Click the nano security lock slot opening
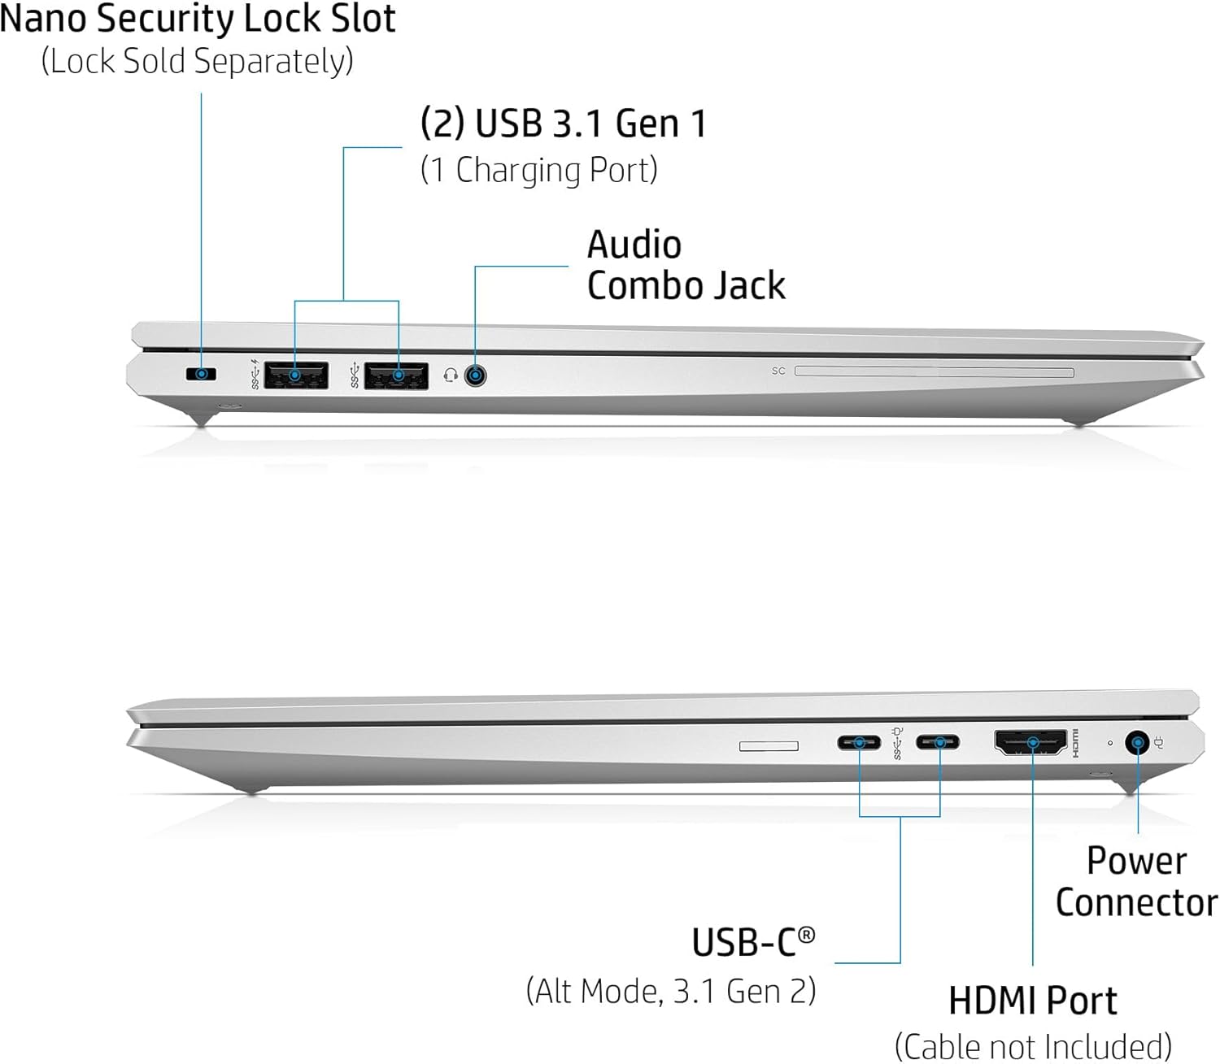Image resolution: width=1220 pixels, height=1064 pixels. click(202, 375)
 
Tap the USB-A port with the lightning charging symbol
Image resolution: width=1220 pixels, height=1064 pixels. click(295, 376)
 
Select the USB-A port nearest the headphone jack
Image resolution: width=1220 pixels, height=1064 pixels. click(396, 376)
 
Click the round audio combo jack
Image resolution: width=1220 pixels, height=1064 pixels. click(476, 376)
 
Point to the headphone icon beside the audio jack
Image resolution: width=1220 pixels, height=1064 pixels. click(450, 375)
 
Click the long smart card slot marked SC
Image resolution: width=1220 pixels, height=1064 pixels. click(934, 371)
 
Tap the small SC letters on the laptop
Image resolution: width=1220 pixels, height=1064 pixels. click(778, 371)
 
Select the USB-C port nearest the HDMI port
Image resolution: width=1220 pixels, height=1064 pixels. click(938, 742)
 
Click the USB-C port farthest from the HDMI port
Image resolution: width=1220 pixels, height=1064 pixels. click(859, 742)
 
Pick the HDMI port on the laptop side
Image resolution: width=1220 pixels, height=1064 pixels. click(1030, 742)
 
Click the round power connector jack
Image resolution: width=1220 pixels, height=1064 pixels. click(1136, 742)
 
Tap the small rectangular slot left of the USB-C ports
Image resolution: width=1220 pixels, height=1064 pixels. click(769, 745)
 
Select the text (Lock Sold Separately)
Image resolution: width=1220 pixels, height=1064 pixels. click(197, 62)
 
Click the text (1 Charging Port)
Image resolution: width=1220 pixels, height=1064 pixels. click(538, 170)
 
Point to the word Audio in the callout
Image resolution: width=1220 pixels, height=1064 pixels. click(634, 245)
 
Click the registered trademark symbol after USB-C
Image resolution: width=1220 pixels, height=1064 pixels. click(806, 935)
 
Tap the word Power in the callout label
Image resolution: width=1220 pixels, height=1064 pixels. click(1136, 861)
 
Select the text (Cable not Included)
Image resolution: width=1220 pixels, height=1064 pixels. click(1033, 1046)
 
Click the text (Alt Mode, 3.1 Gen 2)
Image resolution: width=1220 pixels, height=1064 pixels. click(671, 992)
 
